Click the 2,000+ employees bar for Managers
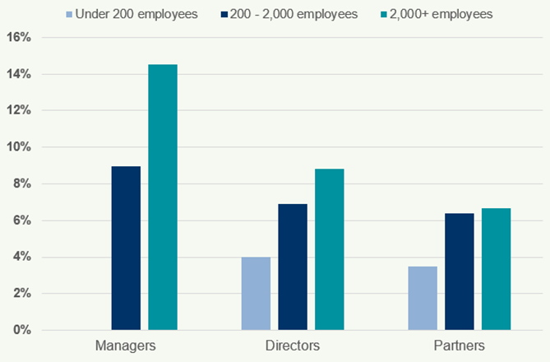(162, 197)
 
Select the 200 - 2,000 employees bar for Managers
(126, 248)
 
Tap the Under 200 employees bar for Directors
(256, 294)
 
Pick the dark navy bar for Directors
(292, 267)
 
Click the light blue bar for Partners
(423, 298)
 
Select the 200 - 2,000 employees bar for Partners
(459, 271)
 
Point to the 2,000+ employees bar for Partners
(496, 269)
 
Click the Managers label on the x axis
(126, 345)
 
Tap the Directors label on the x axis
(292, 345)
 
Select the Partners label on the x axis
(459, 345)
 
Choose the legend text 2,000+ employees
(428, 14)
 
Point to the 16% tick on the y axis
(19, 38)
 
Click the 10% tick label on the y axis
(19, 147)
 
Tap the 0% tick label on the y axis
(22, 330)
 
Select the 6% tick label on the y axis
(22, 220)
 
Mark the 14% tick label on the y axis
(19, 74)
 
